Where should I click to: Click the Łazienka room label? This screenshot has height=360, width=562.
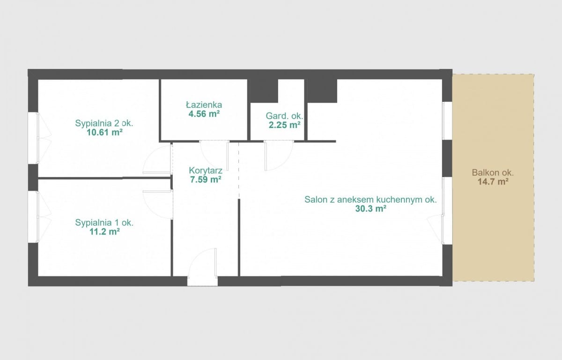204,105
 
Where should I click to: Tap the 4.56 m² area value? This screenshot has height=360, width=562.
204,114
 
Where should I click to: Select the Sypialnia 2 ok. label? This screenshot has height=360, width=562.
104,123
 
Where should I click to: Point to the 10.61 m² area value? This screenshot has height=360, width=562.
104,132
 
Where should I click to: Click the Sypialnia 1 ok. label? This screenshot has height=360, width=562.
104,223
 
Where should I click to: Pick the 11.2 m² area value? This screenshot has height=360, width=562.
104,232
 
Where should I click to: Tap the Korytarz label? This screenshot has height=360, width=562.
206,171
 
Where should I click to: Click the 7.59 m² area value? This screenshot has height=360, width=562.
206,180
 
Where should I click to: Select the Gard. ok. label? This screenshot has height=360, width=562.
285,116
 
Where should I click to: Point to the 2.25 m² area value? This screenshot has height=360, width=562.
285,125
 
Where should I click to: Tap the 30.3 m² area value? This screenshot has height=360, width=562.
370,209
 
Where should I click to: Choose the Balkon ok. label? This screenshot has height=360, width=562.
493,172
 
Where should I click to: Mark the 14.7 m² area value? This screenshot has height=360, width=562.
493,181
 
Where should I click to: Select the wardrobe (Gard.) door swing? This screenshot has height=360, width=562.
279,156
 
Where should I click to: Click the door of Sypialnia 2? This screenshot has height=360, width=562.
157,159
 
